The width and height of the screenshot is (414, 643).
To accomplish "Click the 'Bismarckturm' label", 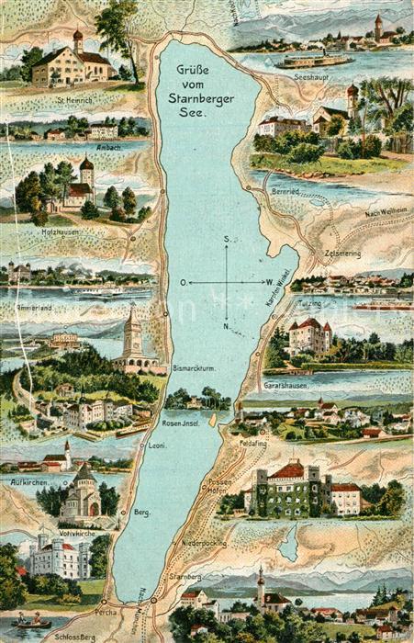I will pos(192,368).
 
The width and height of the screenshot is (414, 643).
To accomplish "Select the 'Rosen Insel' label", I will pos(182,423).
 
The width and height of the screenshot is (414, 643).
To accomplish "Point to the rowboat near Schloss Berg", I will pos(31,622).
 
